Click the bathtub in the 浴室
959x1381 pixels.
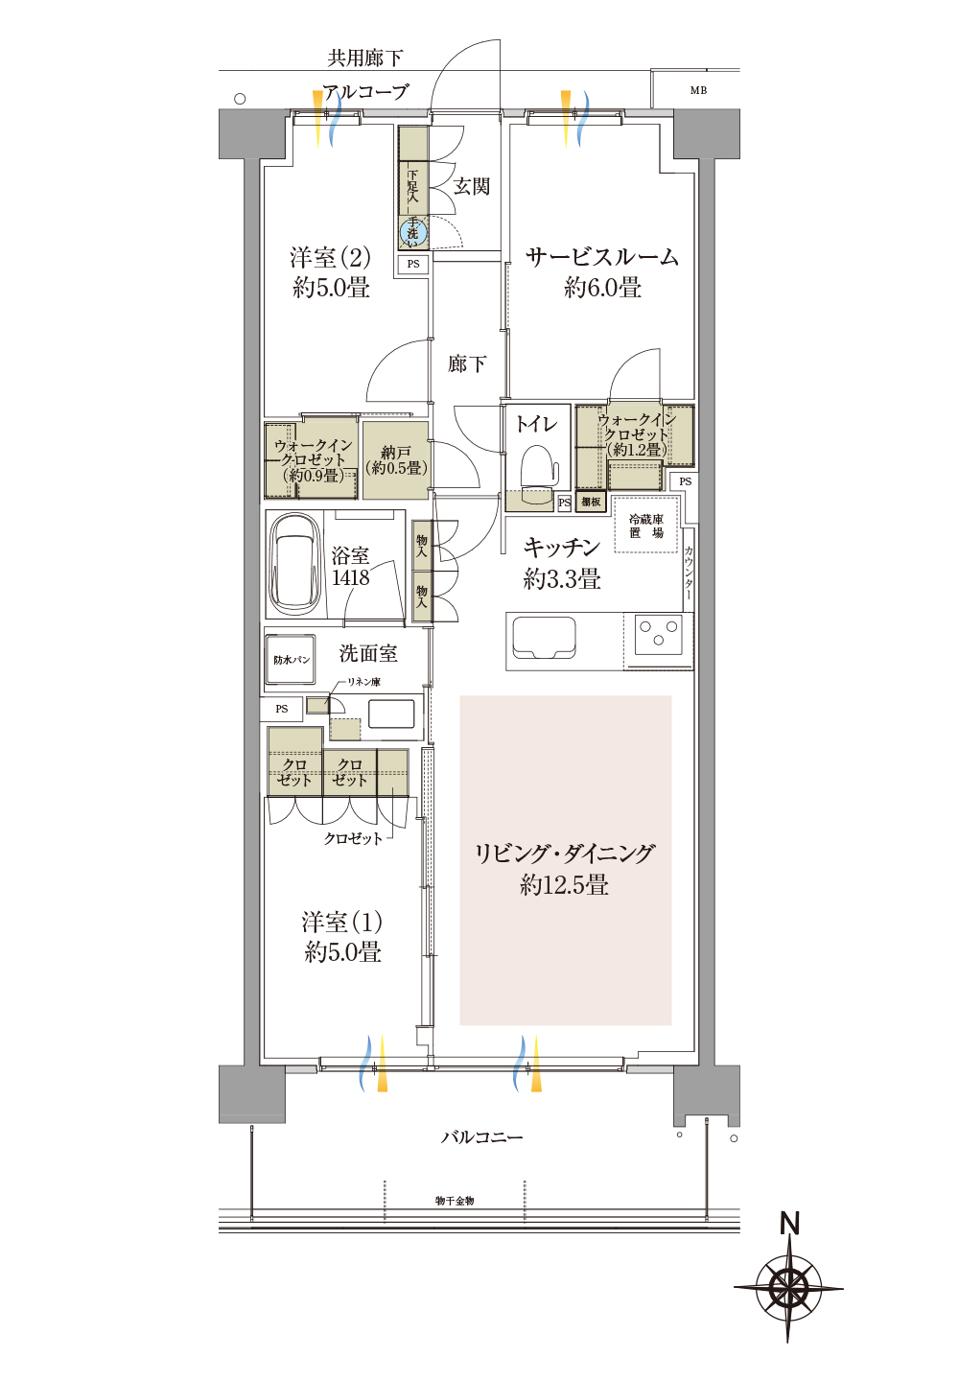click(295, 563)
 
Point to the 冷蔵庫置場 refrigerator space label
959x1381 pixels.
click(646, 526)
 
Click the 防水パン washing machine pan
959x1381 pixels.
click(291, 660)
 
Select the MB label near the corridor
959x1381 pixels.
click(698, 90)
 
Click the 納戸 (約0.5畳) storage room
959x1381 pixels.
click(396, 460)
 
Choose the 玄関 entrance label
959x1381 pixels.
click(472, 186)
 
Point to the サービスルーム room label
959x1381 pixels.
click(601, 256)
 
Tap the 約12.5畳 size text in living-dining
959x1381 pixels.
click(564, 885)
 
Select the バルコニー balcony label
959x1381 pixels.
click(482, 1136)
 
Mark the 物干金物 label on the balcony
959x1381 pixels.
click(455, 1201)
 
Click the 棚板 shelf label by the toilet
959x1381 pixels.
click(591, 502)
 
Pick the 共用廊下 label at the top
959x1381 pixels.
click(364, 58)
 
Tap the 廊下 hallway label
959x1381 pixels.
click(467, 363)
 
